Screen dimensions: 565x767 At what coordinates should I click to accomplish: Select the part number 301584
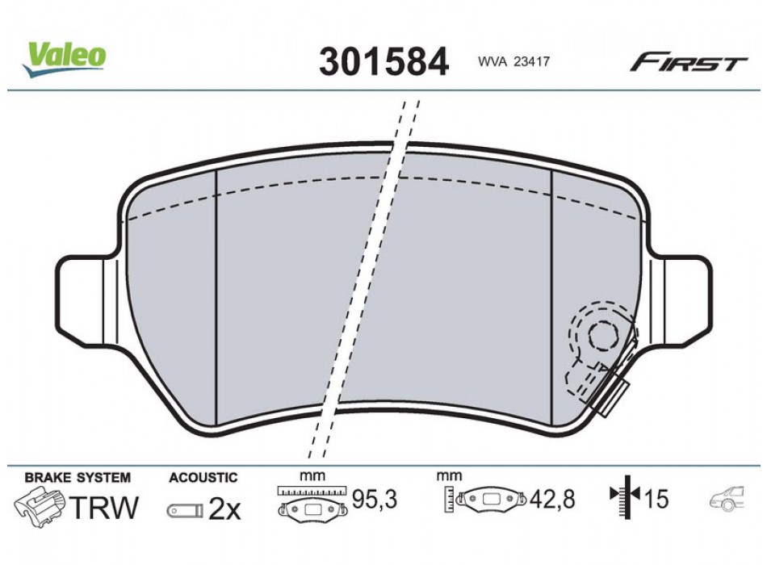coord(383,61)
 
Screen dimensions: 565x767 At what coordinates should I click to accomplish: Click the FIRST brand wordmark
coord(688,64)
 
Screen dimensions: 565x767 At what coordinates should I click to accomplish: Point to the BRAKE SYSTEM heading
coord(78,478)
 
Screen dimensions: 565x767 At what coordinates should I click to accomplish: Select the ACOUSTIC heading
coord(203,478)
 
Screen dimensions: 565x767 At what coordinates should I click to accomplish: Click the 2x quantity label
coord(225,509)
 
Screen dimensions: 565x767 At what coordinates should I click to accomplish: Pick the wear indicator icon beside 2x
coord(185,511)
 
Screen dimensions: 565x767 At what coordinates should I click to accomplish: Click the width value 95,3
coord(376,500)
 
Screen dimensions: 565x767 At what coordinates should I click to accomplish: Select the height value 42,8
coord(553,500)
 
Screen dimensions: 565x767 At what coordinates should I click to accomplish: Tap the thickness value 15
coord(657,500)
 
